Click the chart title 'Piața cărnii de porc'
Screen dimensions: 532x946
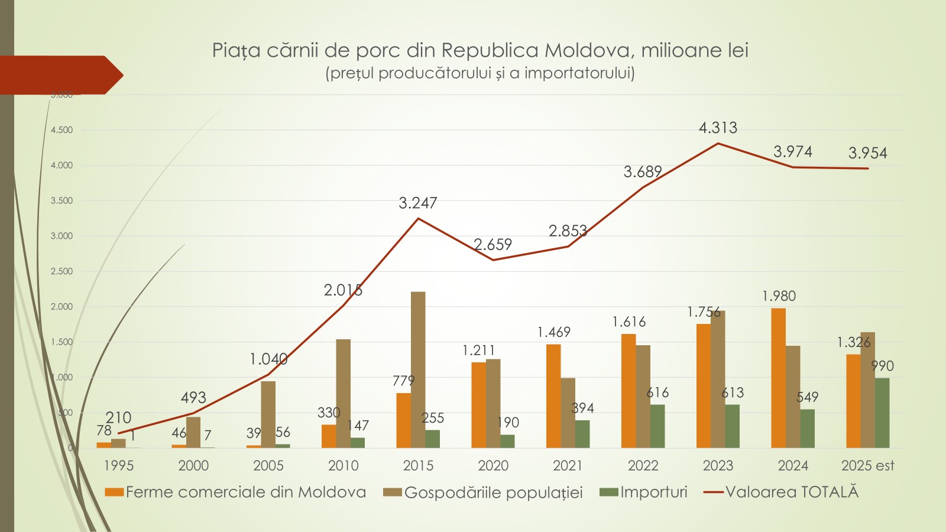click(480, 50)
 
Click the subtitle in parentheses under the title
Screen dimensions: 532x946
click(480, 73)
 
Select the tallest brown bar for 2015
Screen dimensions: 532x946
click(418, 369)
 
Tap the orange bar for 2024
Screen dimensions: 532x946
click(778, 378)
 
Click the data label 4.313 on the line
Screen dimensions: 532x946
click(718, 128)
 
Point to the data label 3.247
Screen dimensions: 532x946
click(418, 203)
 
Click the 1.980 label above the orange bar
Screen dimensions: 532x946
click(779, 296)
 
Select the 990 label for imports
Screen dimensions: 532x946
click(882, 366)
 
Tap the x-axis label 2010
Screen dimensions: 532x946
click(344, 466)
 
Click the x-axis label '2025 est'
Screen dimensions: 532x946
click(867, 466)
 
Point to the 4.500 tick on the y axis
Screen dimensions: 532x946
click(61, 130)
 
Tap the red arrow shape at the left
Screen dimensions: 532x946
click(59, 75)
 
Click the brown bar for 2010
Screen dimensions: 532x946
click(343, 393)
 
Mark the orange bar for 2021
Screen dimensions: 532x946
click(553, 396)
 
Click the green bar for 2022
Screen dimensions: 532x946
click(657, 426)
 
